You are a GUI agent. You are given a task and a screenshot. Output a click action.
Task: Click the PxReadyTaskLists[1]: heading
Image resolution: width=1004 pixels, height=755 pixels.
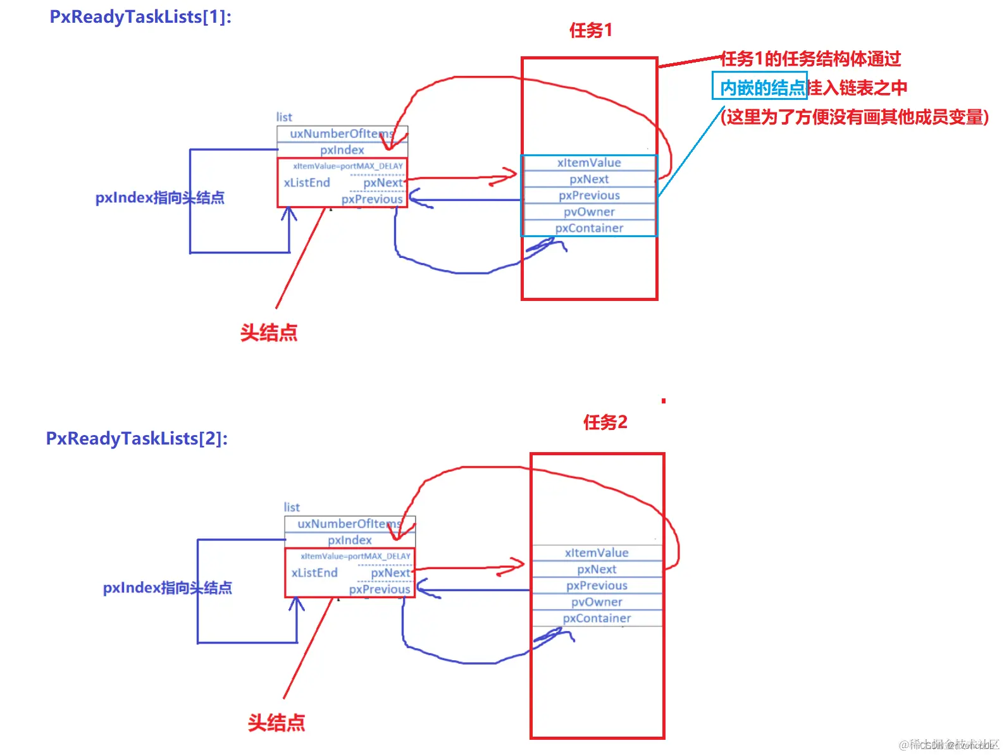[140, 16]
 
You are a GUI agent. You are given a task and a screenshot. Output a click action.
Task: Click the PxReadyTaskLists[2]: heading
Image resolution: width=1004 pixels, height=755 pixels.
[137, 438]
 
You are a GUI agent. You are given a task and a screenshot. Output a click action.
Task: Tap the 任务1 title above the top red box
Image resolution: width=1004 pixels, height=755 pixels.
[590, 30]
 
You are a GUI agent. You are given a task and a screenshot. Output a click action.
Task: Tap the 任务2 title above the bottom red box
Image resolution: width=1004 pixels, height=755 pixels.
[605, 422]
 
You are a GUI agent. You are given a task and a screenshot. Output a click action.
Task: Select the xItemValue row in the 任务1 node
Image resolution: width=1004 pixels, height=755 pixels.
[589, 163]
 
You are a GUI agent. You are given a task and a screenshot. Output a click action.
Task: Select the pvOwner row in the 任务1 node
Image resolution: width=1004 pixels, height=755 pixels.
[589, 212]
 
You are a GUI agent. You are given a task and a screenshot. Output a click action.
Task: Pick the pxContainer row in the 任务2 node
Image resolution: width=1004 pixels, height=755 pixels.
[597, 618]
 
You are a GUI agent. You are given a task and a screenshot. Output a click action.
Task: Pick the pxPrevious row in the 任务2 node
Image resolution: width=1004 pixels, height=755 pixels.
[597, 586]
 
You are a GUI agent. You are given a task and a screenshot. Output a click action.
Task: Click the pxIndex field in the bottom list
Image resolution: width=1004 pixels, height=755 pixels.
[349, 540]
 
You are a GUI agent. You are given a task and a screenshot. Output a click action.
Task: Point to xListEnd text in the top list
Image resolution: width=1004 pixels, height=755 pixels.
[307, 183]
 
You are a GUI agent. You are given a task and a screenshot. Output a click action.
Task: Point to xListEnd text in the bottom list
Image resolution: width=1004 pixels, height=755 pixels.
[314, 573]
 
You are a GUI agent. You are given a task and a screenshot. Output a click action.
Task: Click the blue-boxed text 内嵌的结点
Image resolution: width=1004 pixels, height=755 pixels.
[761, 87]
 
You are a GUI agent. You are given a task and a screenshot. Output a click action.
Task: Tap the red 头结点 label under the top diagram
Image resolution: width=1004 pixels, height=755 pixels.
[269, 333]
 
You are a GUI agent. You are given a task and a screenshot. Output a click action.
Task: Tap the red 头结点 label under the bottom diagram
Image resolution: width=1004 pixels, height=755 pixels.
[276, 723]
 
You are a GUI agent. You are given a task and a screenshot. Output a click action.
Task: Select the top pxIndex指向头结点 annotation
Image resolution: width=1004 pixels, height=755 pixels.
[159, 198]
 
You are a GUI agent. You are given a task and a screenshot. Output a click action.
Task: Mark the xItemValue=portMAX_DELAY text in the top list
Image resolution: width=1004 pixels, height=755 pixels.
[347, 166]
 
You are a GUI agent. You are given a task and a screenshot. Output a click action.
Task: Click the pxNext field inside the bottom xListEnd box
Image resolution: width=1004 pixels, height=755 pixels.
[390, 573]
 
